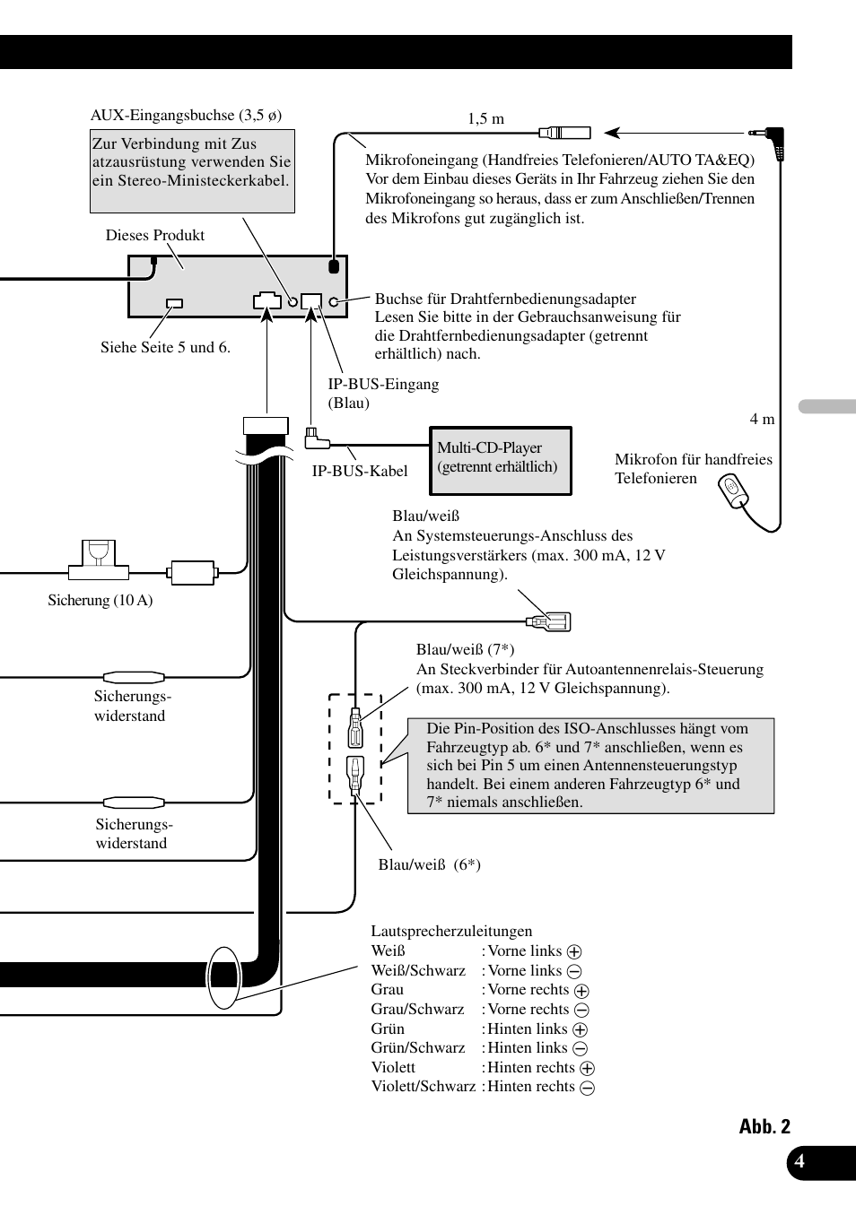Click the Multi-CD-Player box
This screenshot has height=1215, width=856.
(501, 460)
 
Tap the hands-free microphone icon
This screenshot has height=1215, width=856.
(733, 490)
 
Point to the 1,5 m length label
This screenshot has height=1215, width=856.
(485, 118)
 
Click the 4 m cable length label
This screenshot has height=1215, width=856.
(762, 419)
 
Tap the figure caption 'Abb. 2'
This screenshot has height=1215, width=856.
(764, 1127)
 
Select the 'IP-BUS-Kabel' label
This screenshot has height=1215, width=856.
(359, 471)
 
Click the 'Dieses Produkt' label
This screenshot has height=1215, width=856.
(154, 235)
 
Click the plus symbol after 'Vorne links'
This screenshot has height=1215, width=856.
(574, 952)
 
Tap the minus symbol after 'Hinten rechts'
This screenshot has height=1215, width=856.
(588, 1088)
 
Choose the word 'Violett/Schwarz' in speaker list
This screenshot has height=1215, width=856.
(423, 1087)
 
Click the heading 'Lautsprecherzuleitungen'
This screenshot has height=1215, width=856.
(451, 931)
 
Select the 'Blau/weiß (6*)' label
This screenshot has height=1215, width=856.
(429, 864)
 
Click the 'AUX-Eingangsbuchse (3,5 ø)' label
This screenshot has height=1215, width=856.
(186, 115)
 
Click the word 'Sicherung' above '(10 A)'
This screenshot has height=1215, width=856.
(77, 600)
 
